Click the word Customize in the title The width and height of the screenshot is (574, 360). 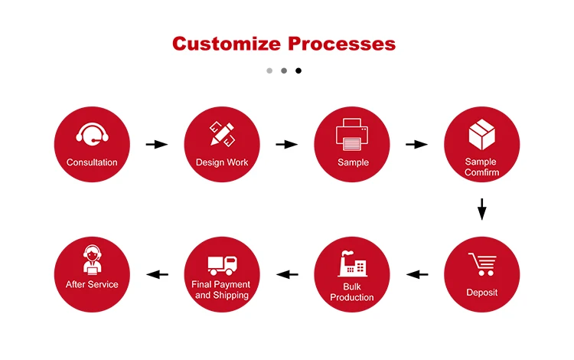coord(227,43)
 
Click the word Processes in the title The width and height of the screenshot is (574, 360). coord(341,43)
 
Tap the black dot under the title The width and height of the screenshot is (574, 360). coord(298,70)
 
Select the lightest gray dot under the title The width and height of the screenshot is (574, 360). coord(269,70)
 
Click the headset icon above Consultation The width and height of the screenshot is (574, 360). coord(92,135)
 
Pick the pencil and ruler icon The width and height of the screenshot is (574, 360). coord(222,134)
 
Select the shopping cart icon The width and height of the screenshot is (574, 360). coord(482,264)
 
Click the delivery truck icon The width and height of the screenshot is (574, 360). coord(222,264)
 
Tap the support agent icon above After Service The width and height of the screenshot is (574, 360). coord(92,258)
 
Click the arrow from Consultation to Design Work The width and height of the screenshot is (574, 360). coord(157,144)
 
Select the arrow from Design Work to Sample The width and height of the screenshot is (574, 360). coord(286,144)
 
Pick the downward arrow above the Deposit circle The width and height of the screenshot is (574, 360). coord(482,208)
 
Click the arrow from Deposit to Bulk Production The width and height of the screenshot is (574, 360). coord(417,274)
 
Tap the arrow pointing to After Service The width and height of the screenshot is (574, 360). coord(157,274)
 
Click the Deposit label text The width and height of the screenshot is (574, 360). coord(482,293)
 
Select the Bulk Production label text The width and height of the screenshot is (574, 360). coord(352,291)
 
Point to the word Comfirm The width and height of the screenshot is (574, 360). coord(482,172)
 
